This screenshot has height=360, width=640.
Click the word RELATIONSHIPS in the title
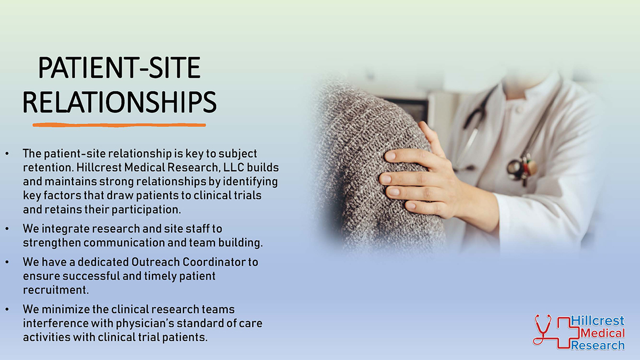[119, 102]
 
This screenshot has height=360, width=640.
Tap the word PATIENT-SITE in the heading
[119, 67]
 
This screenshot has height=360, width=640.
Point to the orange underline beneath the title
[119, 125]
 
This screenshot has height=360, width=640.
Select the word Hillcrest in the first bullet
[99, 167]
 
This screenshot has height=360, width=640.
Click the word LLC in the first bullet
[234, 167]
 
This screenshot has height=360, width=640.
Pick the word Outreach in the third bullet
[155, 262]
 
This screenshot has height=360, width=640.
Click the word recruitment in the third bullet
[55, 290]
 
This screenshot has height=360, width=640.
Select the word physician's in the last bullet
[145, 323]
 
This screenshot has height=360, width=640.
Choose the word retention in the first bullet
[48, 167]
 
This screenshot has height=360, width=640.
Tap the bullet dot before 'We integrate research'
[7, 229]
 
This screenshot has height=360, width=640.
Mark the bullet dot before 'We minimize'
[7, 309]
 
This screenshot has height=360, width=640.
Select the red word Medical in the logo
[603, 333]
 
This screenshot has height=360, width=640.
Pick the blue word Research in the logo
[598, 345]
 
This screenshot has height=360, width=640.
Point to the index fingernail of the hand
[390, 156]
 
